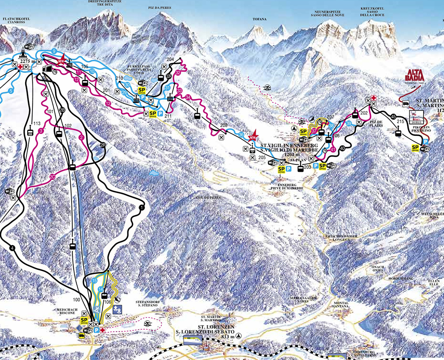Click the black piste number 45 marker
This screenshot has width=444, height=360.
point(393,116)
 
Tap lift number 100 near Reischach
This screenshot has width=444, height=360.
point(77,300)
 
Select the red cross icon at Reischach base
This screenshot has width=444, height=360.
point(102,330)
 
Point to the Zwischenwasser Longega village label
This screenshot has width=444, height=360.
point(343,237)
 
